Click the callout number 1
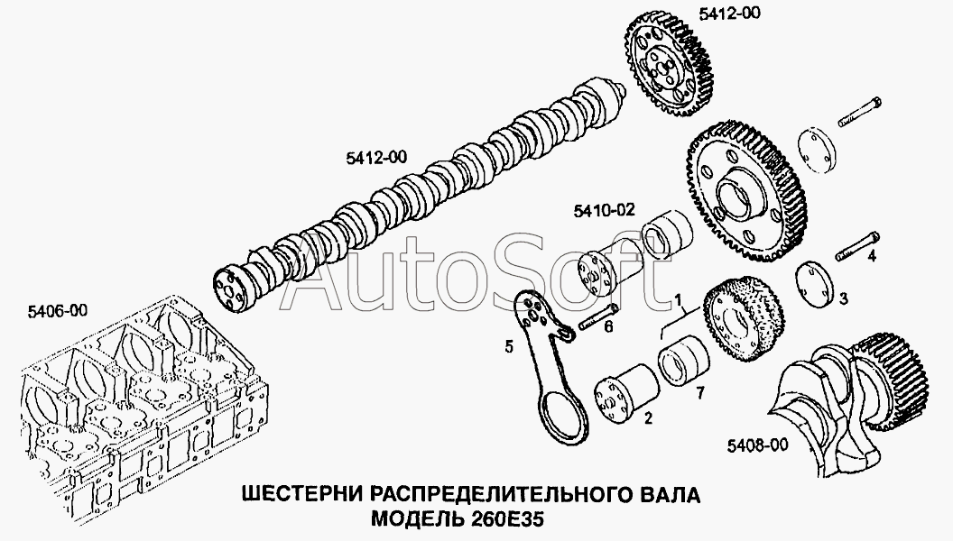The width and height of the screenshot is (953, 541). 679,298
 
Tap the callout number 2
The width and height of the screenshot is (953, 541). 649,417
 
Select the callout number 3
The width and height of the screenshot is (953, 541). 844,298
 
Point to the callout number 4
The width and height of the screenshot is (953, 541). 872,256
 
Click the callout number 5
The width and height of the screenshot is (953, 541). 509,347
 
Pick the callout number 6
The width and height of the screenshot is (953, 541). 608,327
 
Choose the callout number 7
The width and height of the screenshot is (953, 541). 700,393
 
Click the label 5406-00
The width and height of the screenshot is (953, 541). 57,311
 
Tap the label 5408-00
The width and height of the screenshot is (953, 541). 758,445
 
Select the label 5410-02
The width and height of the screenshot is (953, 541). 604,210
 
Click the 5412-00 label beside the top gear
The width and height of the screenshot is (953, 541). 729,13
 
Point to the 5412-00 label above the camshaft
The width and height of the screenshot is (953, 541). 376,159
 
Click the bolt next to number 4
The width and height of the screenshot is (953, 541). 857,246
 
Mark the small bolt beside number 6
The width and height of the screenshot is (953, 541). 598,317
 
